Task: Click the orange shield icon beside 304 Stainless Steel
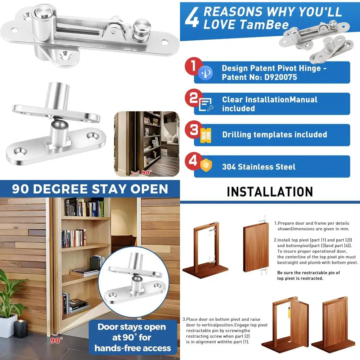(206, 165)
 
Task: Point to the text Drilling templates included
(274, 135)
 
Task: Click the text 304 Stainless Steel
(258, 167)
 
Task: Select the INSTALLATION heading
(270, 192)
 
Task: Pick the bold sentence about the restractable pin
(308, 275)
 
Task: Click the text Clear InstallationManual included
(269, 104)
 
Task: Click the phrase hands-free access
(132, 348)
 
